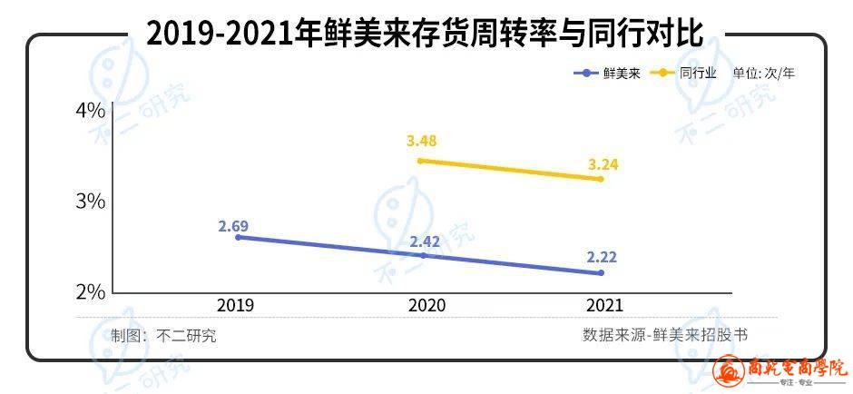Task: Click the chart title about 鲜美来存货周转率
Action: coord(425,34)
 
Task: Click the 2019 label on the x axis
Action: coord(235,306)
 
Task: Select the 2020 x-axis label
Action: coord(426,306)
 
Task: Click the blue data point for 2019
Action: coord(238,237)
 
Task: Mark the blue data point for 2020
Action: coord(423,256)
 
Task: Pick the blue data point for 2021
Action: coord(600,273)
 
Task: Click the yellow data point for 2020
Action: coord(420,161)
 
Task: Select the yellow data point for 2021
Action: coord(600,179)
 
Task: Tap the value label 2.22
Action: coord(602,258)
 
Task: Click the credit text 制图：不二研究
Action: coord(163,335)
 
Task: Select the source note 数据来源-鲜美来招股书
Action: coord(665,335)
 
